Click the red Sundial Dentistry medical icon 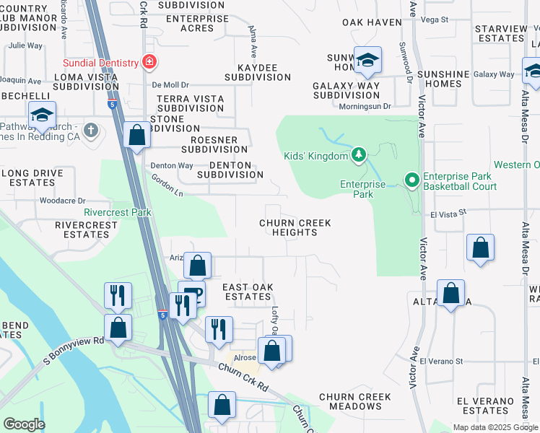click(149, 62)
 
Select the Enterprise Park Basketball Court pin click(411, 180)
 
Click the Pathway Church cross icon click(90, 131)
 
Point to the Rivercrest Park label click(118, 213)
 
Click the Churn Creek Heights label click(295, 228)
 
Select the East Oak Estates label click(247, 292)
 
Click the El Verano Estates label click(487, 406)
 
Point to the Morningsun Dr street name click(366, 106)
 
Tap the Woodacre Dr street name click(62, 201)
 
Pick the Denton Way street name click(171, 165)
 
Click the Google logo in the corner click(24, 424)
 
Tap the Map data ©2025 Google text click(495, 427)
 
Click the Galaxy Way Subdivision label click(347, 90)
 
